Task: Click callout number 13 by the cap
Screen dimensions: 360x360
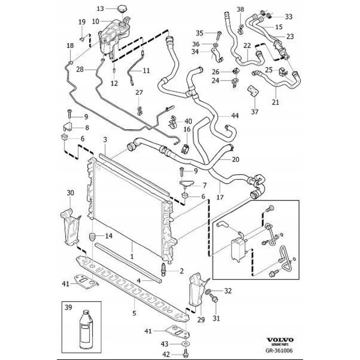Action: point(99,8)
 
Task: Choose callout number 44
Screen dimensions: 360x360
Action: point(234,115)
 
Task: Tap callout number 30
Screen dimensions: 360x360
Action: point(70,192)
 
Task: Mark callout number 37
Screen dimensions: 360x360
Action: point(254,111)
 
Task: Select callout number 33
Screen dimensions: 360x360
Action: point(289,16)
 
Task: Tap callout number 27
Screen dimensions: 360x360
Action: point(139,92)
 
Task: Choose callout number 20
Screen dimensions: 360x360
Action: point(235,159)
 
